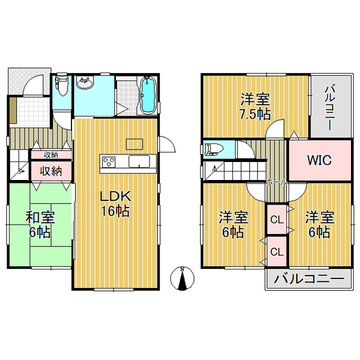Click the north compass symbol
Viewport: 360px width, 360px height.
(x=182, y=278)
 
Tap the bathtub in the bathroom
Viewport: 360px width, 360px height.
(x=148, y=96)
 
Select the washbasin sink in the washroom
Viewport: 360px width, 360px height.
(x=85, y=83)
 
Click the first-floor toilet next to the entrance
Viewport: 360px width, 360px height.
(x=62, y=85)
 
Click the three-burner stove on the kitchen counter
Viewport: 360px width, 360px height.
(x=108, y=162)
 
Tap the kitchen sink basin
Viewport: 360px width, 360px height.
(x=139, y=161)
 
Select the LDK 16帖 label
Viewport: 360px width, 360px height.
(x=115, y=204)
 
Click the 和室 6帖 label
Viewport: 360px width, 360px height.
(x=40, y=225)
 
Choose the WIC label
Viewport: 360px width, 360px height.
(x=319, y=160)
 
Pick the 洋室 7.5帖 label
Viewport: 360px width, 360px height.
(x=255, y=107)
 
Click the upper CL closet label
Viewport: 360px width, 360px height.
(x=277, y=220)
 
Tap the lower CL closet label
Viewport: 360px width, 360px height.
(x=277, y=252)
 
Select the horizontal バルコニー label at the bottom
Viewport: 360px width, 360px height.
(x=309, y=279)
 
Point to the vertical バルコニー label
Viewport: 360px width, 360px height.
(x=330, y=107)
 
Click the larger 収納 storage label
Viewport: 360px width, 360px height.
(x=51, y=171)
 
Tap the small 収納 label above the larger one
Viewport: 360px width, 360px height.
(x=51, y=155)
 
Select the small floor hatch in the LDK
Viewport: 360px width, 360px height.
(x=134, y=145)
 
